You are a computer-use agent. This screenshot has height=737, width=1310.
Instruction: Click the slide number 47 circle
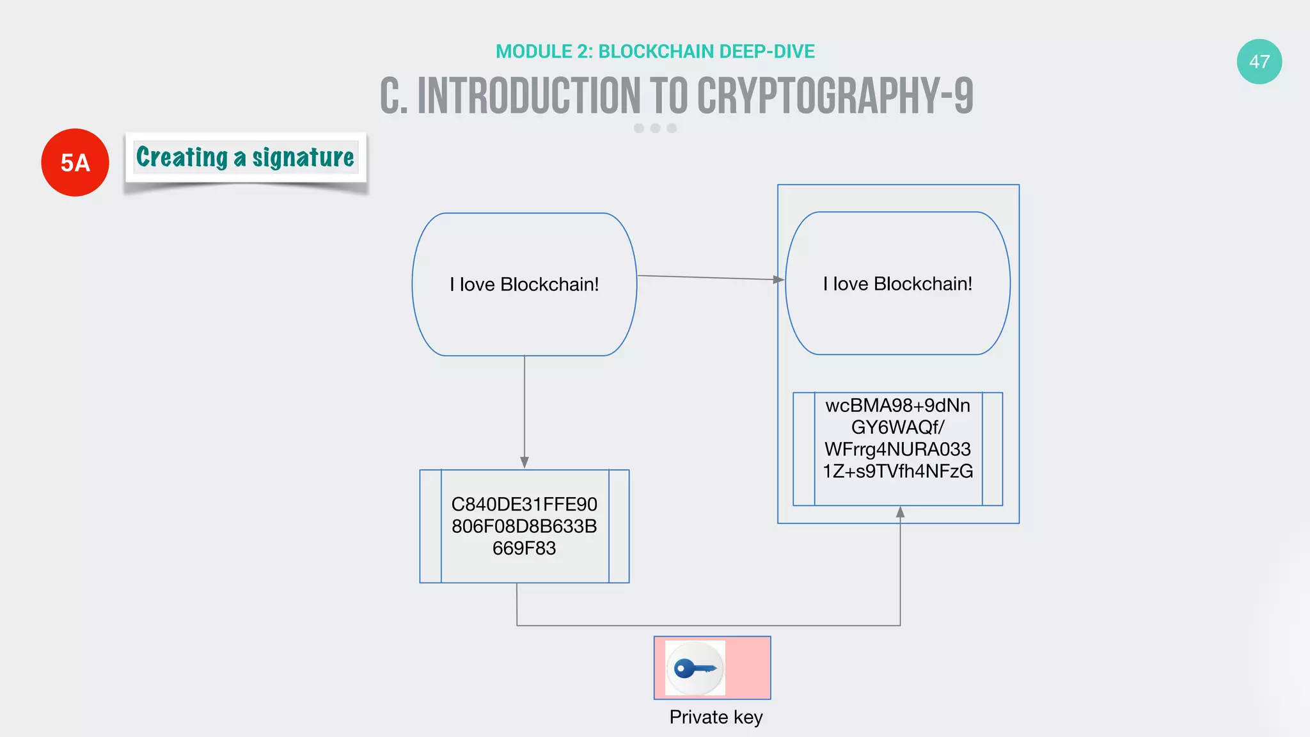pyautogui.click(x=1259, y=61)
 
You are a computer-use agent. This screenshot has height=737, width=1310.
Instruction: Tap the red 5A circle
pyautogui.click(x=75, y=162)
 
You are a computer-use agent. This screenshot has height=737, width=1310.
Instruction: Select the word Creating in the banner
pyautogui.click(x=182, y=157)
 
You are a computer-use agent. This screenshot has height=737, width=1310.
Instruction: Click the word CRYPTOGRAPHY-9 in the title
pyautogui.click(x=835, y=96)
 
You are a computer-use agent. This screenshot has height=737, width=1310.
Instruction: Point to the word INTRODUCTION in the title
pyautogui.click(x=529, y=96)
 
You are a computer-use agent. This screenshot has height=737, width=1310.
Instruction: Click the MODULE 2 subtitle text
pyautogui.click(x=655, y=51)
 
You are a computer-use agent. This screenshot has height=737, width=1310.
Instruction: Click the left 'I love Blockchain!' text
pyautogui.click(x=524, y=284)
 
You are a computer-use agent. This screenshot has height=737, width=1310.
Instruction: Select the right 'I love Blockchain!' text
pyautogui.click(x=897, y=283)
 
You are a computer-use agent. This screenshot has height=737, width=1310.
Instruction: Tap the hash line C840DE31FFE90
pyautogui.click(x=524, y=504)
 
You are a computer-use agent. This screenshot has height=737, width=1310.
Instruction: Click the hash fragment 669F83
pyautogui.click(x=524, y=548)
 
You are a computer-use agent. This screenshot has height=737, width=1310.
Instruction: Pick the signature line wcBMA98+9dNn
pyautogui.click(x=897, y=406)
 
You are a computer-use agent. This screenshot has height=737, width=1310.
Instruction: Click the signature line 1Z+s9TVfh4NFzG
pyautogui.click(x=897, y=472)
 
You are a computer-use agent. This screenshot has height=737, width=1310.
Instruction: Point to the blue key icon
pyautogui.click(x=695, y=669)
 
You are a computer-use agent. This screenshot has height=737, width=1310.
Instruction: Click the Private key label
pyautogui.click(x=716, y=717)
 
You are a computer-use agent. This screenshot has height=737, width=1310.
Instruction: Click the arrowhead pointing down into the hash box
pyautogui.click(x=525, y=463)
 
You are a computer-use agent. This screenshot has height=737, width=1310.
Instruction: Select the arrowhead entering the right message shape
pyautogui.click(x=778, y=280)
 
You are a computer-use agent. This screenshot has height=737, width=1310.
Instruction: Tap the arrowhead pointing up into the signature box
pyautogui.click(x=900, y=512)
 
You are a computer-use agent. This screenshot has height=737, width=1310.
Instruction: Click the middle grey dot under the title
pyautogui.click(x=655, y=128)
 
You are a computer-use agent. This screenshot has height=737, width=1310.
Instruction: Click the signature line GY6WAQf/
pyautogui.click(x=897, y=427)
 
